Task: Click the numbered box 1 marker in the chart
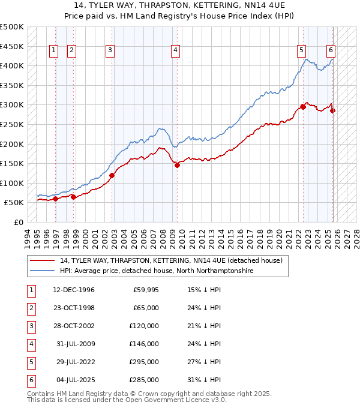tap(54, 51)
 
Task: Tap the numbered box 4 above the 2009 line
tap(175, 51)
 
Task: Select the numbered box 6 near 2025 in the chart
tap(331, 51)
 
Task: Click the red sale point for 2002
tap(112, 175)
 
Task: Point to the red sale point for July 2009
tap(178, 165)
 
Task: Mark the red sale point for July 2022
tap(303, 107)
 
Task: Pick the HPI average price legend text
tap(157, 271)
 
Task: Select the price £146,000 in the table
tap(145, 344)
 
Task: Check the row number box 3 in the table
tap(29, 326)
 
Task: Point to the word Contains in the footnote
tap(41, 394)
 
